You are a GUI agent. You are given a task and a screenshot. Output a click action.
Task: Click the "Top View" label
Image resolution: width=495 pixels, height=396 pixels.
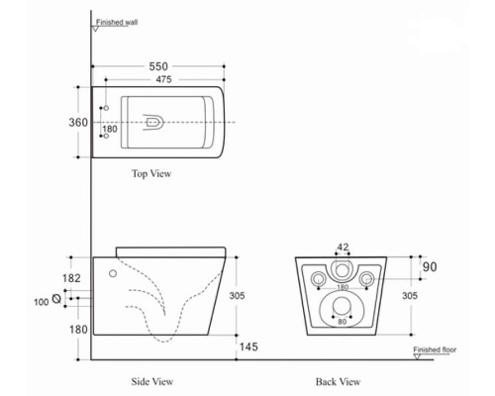pyautogui.click(x=151, y=173)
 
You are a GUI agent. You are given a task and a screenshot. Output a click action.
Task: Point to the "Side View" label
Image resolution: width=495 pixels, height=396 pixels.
pyautogui.click(x=153, y=380)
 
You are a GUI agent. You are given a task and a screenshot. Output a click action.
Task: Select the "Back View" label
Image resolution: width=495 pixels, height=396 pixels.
pyautogui.click(x=340, y=380)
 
